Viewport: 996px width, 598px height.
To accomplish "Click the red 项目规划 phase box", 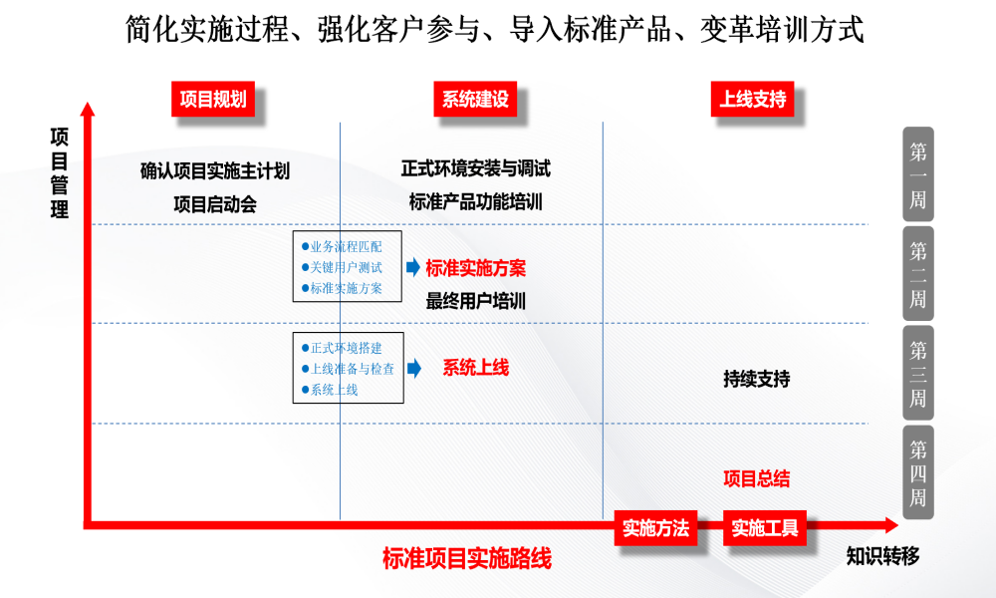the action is point(213,99).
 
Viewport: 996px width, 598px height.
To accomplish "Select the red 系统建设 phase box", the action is point(475,99).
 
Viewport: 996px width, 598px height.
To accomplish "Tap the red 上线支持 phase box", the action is point(753,99).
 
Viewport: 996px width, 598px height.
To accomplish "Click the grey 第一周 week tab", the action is point(918,174).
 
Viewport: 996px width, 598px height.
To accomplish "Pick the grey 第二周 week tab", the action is point(918,273).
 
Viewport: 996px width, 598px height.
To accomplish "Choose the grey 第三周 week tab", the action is point(918,373).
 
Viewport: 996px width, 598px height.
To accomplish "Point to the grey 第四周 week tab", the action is point(918,472).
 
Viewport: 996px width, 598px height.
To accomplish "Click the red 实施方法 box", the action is point(655,527).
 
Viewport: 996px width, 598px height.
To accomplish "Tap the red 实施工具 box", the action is point(765,527).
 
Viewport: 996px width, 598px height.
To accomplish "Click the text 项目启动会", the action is point(215,204).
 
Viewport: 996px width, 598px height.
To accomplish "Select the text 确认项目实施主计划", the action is point(215,170).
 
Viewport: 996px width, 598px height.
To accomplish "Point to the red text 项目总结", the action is point(757,478).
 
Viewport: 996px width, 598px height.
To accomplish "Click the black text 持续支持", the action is point(757,379).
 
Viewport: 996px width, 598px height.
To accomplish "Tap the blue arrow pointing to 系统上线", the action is point(414,368).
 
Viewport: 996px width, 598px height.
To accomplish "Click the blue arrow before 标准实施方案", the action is point(413,267).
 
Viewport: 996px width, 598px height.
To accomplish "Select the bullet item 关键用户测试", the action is point(343,267).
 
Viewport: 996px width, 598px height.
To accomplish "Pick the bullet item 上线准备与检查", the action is point(348,369).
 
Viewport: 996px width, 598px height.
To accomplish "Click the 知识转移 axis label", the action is point(882,556).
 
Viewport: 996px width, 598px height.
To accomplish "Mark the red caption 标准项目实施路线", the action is point(467,558).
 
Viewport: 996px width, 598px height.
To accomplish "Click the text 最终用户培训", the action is point(476,301).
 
